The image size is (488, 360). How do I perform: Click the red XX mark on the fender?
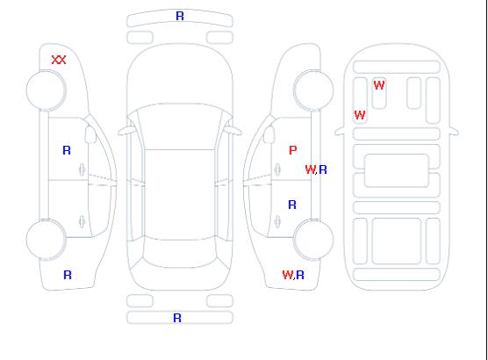[x=59, y=60]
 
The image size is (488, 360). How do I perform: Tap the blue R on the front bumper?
[x=180, y=16]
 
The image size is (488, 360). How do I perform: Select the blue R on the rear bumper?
[x=177, y=318]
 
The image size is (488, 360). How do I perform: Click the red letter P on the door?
[x=293, y=150]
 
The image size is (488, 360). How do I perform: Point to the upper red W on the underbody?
[x=379, y=85]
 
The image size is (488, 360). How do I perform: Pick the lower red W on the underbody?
[x=360, y=115]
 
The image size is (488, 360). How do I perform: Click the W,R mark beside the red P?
[x=316, y=169]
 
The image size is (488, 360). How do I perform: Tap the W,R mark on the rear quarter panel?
[x=293, y=275]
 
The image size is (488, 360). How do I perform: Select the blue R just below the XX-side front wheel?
[x=67, y=150]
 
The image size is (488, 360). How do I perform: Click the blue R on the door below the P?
[x=292, y=205]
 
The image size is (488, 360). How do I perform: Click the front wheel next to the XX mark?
[x=46, y=90]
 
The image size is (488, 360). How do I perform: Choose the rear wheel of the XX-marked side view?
[x=46, y=240]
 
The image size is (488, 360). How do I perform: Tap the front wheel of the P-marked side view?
[x=313, y=90]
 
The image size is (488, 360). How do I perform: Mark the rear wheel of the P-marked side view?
[x=313, y=240]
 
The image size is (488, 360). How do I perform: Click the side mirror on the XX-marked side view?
[x=90, y=134]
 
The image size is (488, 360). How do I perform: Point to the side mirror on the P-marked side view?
[x=269, y=134]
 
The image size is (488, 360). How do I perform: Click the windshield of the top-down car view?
[x=180, y=126]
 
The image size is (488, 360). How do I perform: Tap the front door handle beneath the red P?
[x=277, y=169]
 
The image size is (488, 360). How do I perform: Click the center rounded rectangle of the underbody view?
[x=397, y=170]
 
